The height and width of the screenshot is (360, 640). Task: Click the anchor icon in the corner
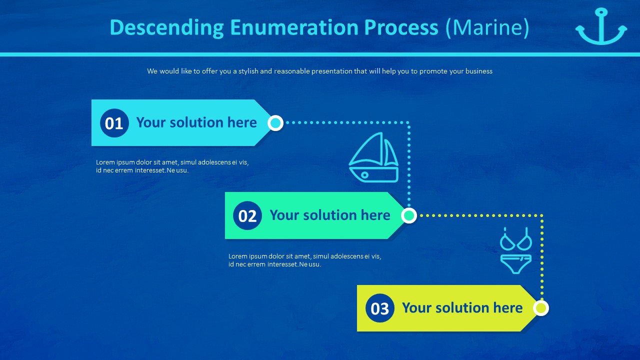[x=601, y=27]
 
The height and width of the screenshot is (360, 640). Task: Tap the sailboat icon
[x=374, y=157]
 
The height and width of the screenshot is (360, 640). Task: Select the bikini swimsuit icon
[x=516, y=250]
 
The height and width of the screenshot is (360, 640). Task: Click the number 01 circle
[x=114, y=123]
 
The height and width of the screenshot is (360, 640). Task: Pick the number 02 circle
[x=247, y=216]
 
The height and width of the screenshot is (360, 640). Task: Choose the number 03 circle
[x=380, y=308]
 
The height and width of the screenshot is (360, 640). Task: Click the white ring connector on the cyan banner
[x=275, y=123]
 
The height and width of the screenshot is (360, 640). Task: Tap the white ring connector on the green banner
[x=409, y=215]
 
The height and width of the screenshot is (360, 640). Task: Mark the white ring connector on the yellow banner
[x=540, y=308]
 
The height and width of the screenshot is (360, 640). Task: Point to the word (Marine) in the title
[x=487, y=27]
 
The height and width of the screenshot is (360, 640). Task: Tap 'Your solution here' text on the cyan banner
[x=196, y=122]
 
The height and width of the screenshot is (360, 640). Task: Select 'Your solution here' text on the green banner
[x=330, y=215]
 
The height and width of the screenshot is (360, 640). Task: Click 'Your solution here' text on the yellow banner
[x=462, y=308]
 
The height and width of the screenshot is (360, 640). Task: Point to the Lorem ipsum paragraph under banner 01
[x=172, y=166]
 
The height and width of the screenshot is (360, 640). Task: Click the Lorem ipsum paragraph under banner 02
[x=304, y=260]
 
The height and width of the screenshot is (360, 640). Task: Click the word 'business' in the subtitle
[x=478, y=71]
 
